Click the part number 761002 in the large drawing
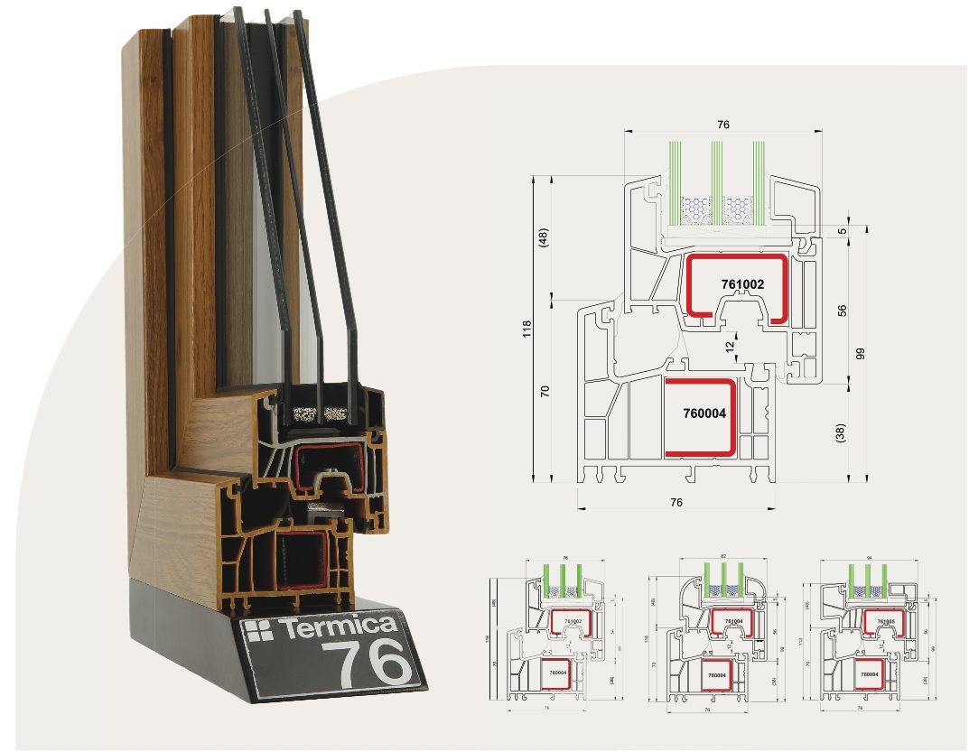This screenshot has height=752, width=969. [x=742, y=283]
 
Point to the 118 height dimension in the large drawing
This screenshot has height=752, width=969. [x=526, y=328]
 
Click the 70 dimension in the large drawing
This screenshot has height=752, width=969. [x=544, y=391]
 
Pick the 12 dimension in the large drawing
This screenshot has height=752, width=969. [x=731, y=345]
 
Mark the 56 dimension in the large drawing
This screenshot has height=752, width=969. [x=843, y=310]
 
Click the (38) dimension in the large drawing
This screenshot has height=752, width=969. [x=842, y=434]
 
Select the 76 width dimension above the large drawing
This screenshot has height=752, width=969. [x=722, y=125]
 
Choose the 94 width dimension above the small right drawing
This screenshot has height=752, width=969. [x=867, y=557]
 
